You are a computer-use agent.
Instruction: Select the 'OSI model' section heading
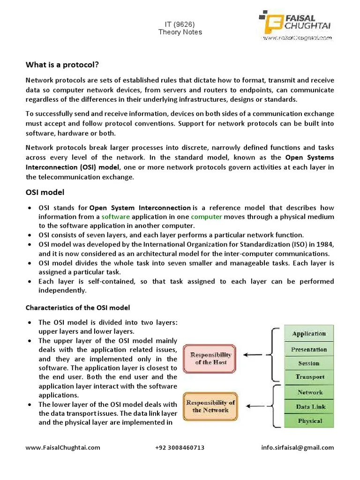coord(45,192)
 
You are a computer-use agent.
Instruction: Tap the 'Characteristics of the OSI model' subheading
coord(77,307)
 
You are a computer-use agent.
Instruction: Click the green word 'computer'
coord(206,217)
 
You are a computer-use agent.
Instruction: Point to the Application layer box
coord(309,334)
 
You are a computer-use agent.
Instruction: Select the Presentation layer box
coord(309,349)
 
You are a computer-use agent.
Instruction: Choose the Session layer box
coord(309,363)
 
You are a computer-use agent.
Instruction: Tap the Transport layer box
coord(309,377)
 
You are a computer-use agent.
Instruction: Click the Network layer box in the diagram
coord(309,392)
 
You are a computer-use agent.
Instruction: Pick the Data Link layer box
coord(309,407)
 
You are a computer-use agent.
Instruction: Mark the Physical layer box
coord(309,421)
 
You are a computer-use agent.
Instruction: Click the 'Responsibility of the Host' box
coord(210,359)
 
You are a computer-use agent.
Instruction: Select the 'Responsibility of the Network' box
coord(210,406)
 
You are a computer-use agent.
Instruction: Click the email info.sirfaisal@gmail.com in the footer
coord(298,447)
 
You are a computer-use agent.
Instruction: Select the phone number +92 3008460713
coord(180,447)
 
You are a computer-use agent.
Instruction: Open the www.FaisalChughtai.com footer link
coord(63,447)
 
